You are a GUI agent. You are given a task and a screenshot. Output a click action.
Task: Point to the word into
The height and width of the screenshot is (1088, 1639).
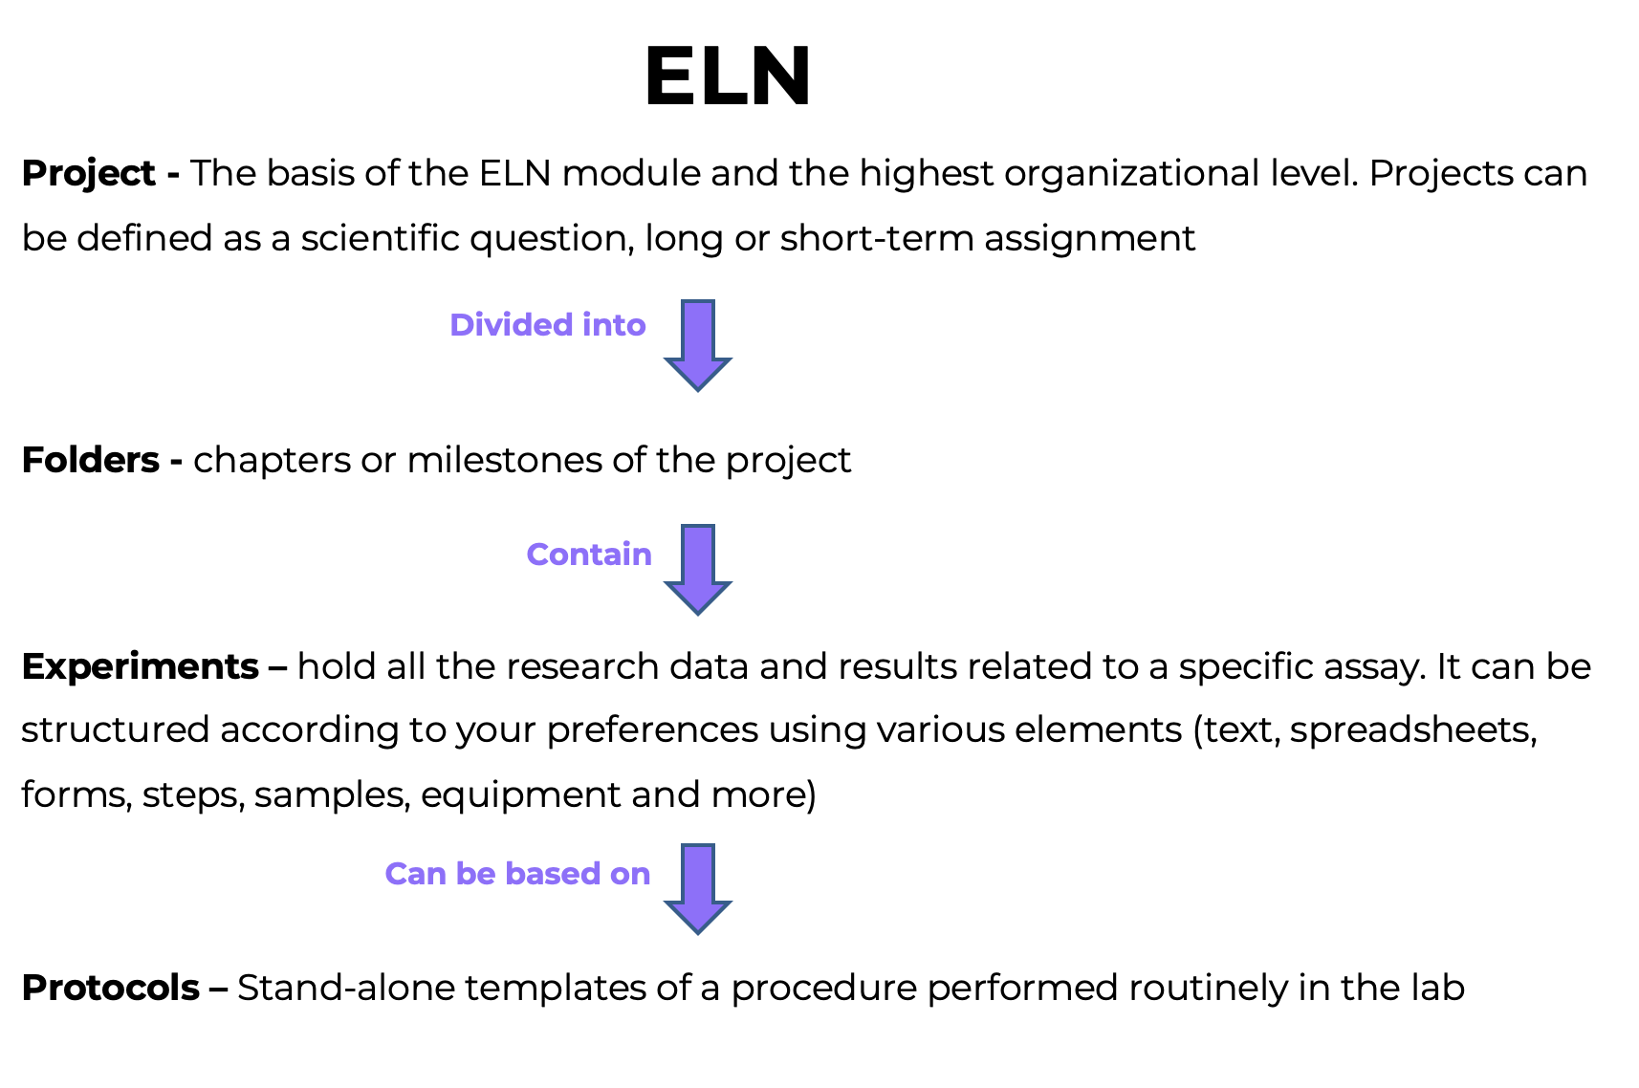click(614, 325)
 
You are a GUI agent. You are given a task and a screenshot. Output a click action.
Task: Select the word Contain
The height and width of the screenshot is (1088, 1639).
click(589, 555)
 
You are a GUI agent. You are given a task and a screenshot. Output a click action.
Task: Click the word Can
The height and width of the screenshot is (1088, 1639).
click(415, 874)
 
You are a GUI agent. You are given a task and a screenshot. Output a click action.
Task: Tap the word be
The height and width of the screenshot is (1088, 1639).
click(475, 874)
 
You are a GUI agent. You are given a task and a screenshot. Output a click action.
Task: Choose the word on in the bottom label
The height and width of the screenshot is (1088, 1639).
click(630, 874)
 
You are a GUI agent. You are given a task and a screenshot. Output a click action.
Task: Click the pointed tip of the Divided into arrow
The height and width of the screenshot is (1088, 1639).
click(698, 388)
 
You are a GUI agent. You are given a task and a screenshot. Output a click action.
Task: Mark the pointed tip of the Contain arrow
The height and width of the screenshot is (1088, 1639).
click(698, 613)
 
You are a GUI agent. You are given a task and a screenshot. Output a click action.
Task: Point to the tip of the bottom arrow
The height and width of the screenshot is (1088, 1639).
click(698, 932)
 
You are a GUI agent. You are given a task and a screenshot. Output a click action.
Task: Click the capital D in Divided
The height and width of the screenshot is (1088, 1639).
click(463, 325)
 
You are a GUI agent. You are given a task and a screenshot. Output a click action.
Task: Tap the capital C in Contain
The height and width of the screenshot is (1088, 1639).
click(539, 555)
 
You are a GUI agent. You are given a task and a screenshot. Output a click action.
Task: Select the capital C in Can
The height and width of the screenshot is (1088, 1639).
click(397, 874)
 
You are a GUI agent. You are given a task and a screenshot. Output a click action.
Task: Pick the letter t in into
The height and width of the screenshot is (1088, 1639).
click(619, 325)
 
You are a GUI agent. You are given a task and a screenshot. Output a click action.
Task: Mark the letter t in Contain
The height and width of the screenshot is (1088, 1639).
click(596, 555)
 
